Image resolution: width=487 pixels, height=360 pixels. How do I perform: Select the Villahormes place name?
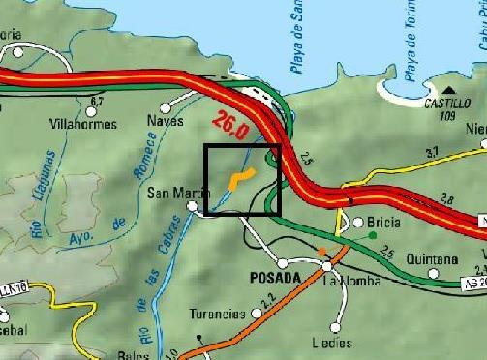pyautogui.click(x=83, y=124)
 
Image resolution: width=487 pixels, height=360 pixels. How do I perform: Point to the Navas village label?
pyautogui.click(x=165, y=121)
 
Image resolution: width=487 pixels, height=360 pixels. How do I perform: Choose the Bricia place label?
pyautogui.click(x=383, y=222)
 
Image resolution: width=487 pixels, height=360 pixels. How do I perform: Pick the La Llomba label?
pyautogui.click(x=347, y=282)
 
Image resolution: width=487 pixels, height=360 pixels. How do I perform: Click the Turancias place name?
pyautogui.click(x=217, y=315)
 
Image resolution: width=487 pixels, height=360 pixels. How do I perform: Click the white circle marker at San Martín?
pyautogui.click(x=193, y=206)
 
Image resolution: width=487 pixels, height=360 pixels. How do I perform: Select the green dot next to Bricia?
pyautogui.click(x=374, y=233)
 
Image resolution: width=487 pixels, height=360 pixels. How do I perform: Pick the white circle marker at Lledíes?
pyautogui.click(x=339, y=325)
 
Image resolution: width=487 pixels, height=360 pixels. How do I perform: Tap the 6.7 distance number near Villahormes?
pyautogui.click(x=95, y=102)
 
